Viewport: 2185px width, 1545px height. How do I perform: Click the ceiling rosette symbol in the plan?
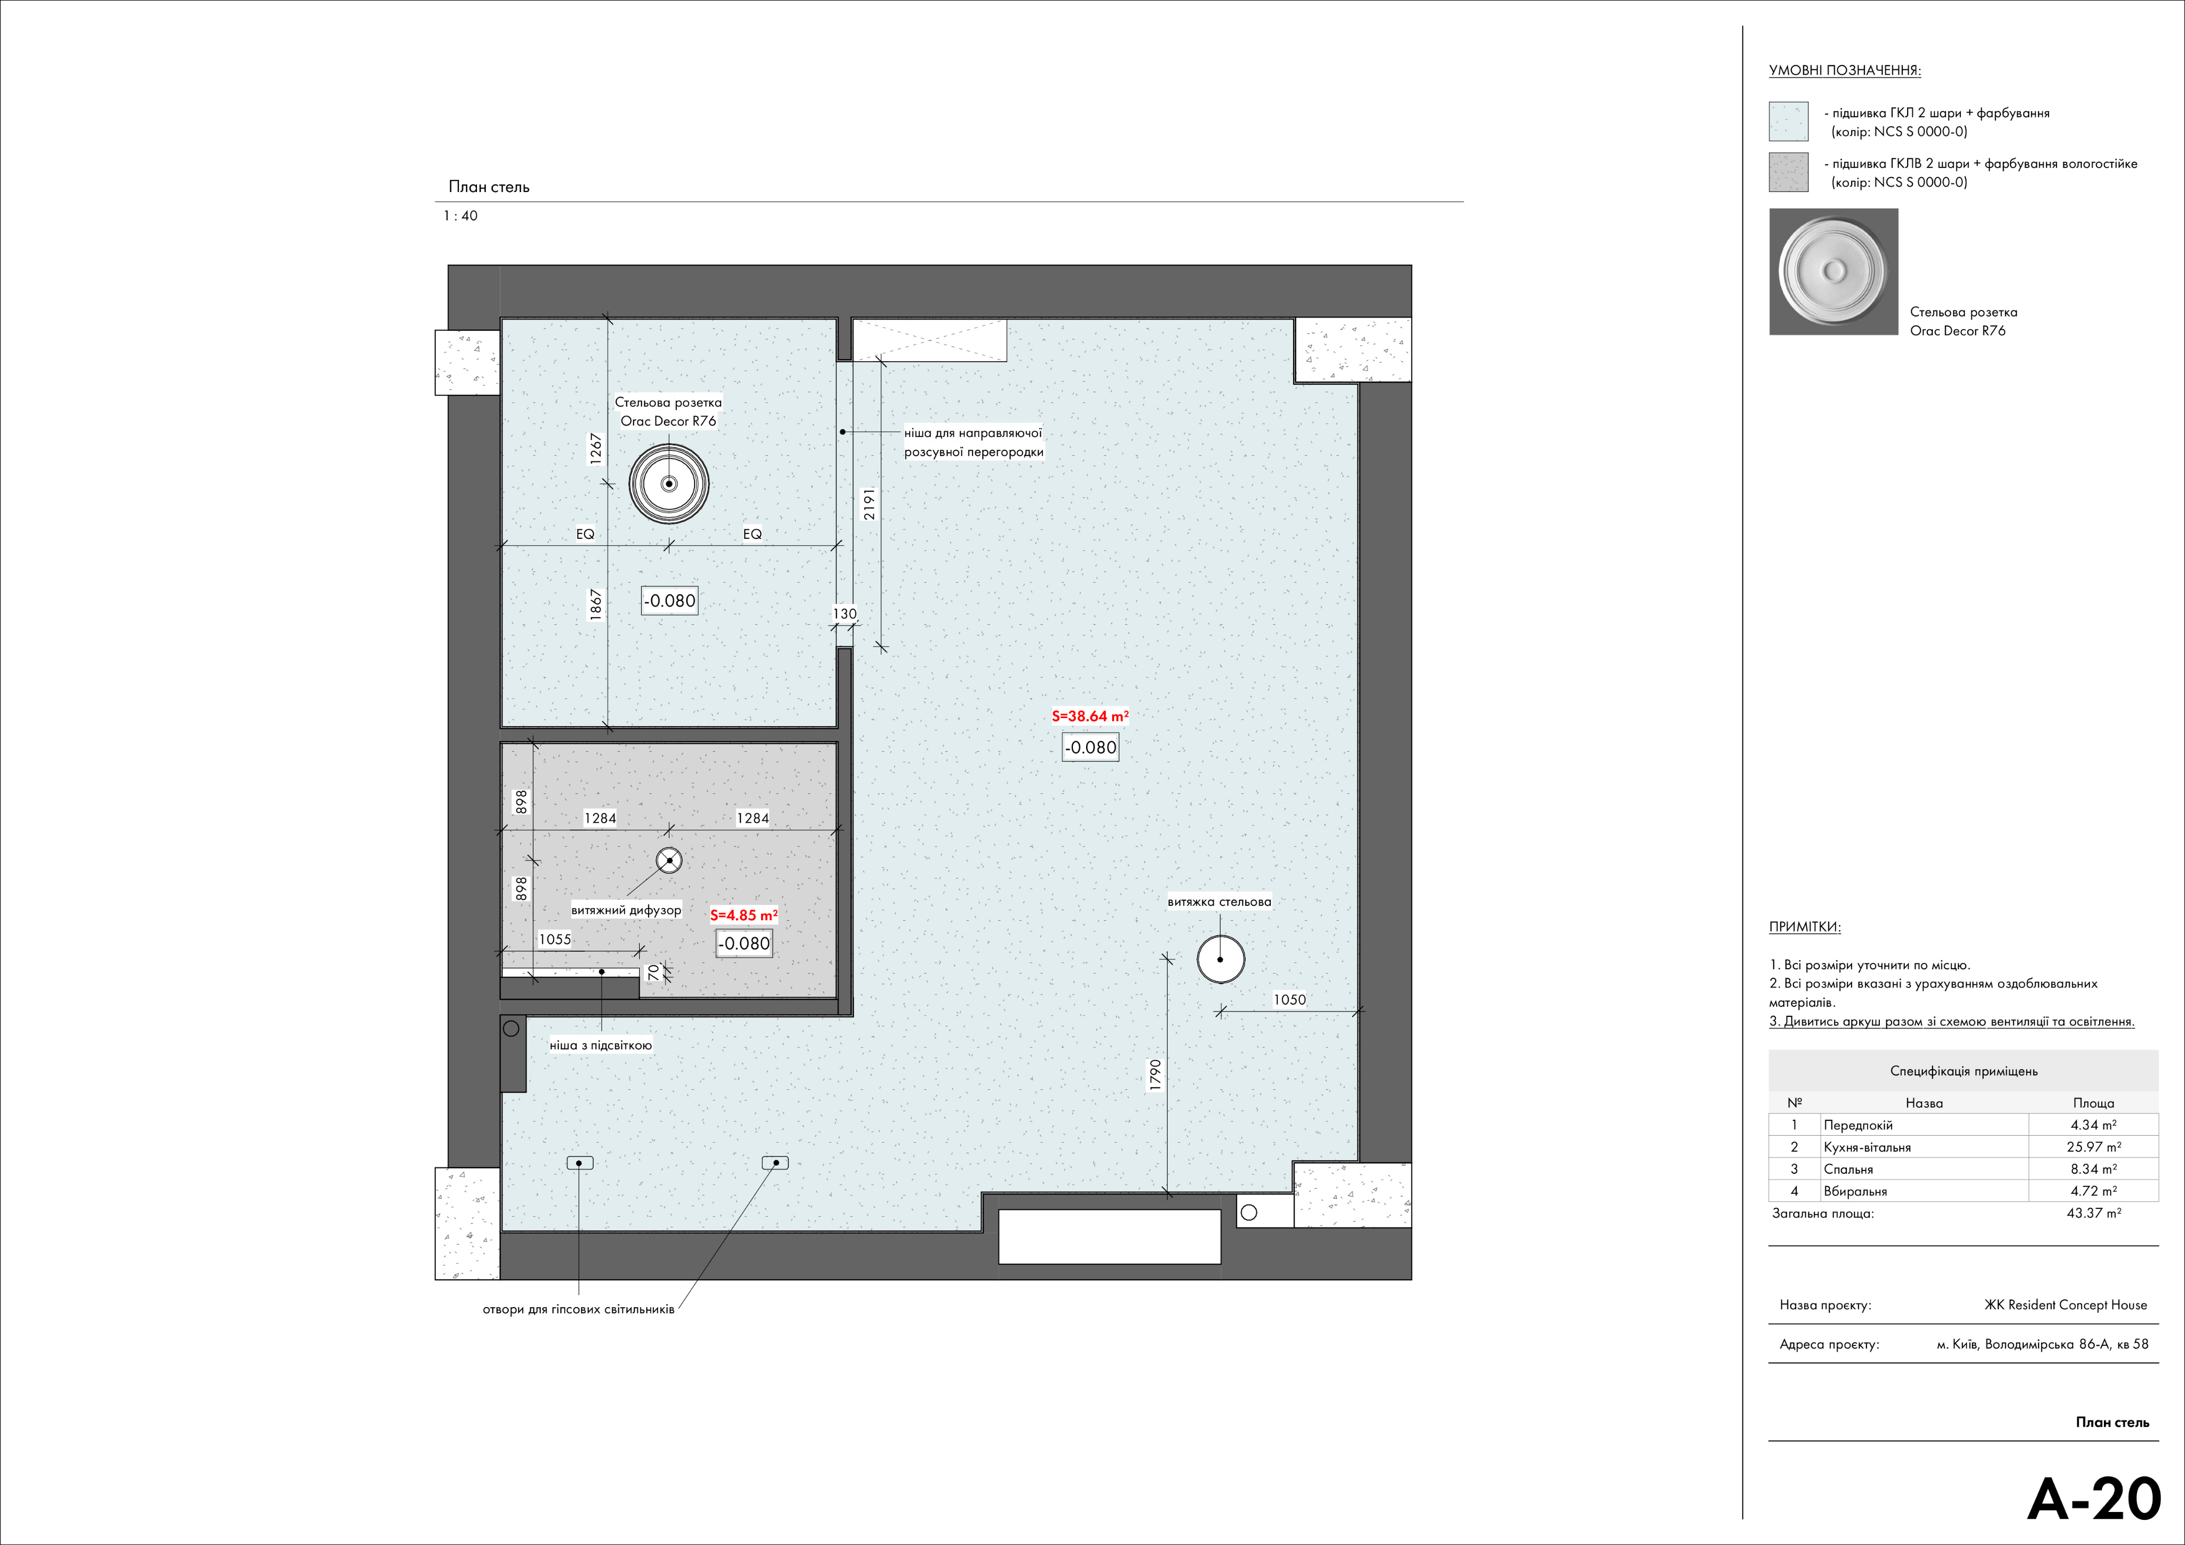click(669, 483)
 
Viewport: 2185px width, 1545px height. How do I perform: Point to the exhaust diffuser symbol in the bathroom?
click(669, 861)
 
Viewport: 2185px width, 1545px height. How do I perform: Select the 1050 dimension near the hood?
click(1289, 1000)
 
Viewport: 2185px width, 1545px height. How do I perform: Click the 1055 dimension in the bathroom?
click(555, 939)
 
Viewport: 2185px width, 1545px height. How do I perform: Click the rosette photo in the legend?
click(1833, 272)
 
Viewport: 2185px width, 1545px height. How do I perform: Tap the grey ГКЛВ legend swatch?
click(1788, 172)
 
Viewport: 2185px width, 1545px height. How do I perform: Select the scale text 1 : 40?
click(460, 216)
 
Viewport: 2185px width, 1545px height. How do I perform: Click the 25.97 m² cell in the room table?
click(2094, 1147)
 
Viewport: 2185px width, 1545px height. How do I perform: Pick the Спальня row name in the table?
click(1848, 1169)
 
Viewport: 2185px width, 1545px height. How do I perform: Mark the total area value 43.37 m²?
click(2094, 1213)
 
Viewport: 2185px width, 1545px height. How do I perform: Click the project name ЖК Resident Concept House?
click(2065, 1305)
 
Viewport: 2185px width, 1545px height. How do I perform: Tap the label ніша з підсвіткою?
click(601, 1045)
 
